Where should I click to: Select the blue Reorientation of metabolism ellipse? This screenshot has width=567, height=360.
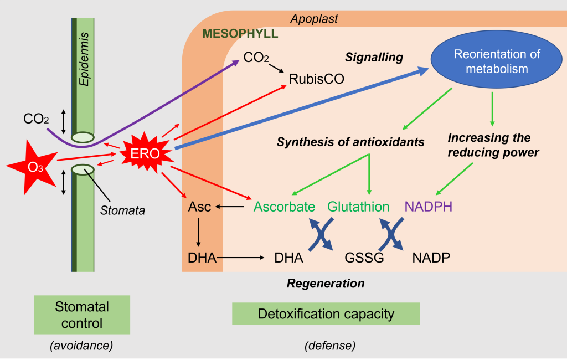[x=496, y=62]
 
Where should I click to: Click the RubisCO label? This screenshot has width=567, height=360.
[x=316, y=79]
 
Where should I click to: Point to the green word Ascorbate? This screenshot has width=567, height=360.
[x=284, y=207]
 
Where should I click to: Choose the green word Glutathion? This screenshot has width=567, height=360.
[x=358, y=207]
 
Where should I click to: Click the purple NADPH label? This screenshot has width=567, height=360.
[x=428, y=207]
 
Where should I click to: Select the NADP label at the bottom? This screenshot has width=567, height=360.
[x=431, y=258]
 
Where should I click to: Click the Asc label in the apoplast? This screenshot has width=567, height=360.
[x=200, y=207]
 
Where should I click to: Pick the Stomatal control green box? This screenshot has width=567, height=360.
[x=82, y=315]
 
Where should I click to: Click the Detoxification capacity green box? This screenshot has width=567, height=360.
[x=326, y=314]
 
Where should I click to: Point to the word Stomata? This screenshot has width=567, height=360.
[x=122, y=210]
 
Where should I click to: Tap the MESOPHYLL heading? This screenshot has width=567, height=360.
[x=240, y=34]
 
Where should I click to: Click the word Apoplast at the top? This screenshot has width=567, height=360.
[x=314, y=19]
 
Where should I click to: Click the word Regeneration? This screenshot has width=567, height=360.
[x=326, y=284]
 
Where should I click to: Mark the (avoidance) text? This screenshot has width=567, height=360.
[x=81, y=346]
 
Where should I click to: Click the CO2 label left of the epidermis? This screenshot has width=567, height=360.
[x=35, y=119]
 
